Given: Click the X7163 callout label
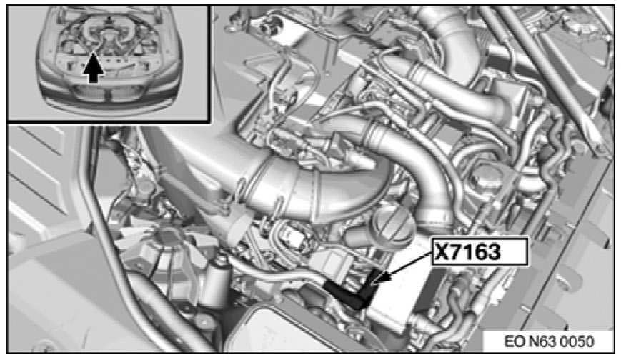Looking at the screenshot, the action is (x=480, y=251).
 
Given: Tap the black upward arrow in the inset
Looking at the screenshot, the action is (x=94, y=68).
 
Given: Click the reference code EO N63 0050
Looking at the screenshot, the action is (x=549, y=341).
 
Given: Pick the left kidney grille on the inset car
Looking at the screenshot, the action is (x=90, y=94).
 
